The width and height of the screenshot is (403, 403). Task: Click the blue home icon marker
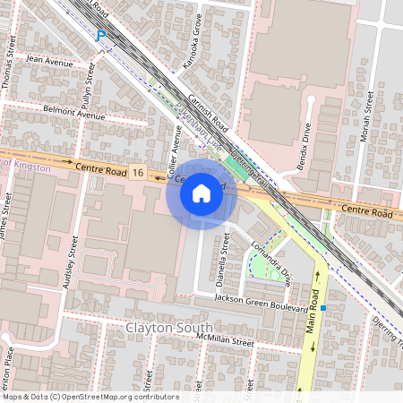[x=201, y=193]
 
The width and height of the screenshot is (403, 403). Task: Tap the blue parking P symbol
[x=101, y=36]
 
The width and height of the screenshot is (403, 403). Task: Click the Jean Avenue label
[x=50, y=62]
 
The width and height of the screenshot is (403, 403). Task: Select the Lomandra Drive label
[x=270, y=262]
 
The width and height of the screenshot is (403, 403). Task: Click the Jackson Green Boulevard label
[x=261, y=303]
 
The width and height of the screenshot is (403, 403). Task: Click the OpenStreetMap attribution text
[x=90, y=397]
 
